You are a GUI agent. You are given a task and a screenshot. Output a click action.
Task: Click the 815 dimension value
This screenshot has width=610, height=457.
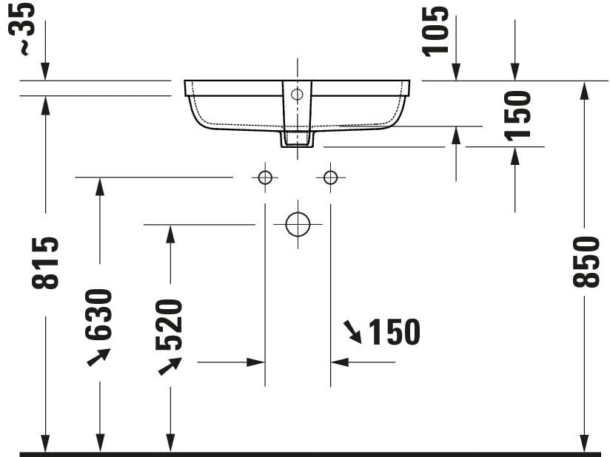(46, 263)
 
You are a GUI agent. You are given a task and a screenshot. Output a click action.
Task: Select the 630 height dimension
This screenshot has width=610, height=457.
(98, 314)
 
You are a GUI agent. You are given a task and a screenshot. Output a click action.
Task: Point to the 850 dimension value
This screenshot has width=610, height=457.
(586, 261)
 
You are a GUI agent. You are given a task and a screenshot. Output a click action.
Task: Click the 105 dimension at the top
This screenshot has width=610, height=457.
(436, 30)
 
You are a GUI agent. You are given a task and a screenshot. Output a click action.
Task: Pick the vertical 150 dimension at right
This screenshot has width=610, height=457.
(517, 115)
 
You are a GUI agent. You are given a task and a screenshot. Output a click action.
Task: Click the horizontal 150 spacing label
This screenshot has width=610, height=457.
(394, 333)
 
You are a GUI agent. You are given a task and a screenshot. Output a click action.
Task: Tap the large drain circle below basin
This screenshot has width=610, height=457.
(298, 223)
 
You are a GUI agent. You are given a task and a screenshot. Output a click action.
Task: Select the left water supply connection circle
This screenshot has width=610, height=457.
(264, 177)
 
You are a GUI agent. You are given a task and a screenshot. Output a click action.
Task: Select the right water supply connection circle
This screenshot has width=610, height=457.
(330, 177)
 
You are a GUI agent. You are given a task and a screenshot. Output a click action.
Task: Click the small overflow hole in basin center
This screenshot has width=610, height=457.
(297, 94)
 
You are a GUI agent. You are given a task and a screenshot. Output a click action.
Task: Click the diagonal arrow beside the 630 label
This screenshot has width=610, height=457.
(98, 357)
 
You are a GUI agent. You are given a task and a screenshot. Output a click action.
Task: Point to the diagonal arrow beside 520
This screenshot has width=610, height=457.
(170, 365)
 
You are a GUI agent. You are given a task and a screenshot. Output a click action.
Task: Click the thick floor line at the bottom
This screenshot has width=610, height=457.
(305, 453)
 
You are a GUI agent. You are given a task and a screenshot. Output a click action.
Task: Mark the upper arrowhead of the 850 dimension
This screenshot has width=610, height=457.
(584, 90)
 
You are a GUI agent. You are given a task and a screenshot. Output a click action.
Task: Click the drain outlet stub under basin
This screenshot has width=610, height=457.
(297, 138)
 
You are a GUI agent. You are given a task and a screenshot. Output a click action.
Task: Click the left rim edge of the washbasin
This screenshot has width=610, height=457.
(187, 88)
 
